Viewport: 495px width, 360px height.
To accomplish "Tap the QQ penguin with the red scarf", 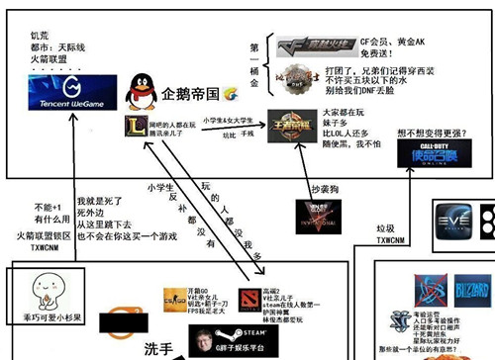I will point(140,94).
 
